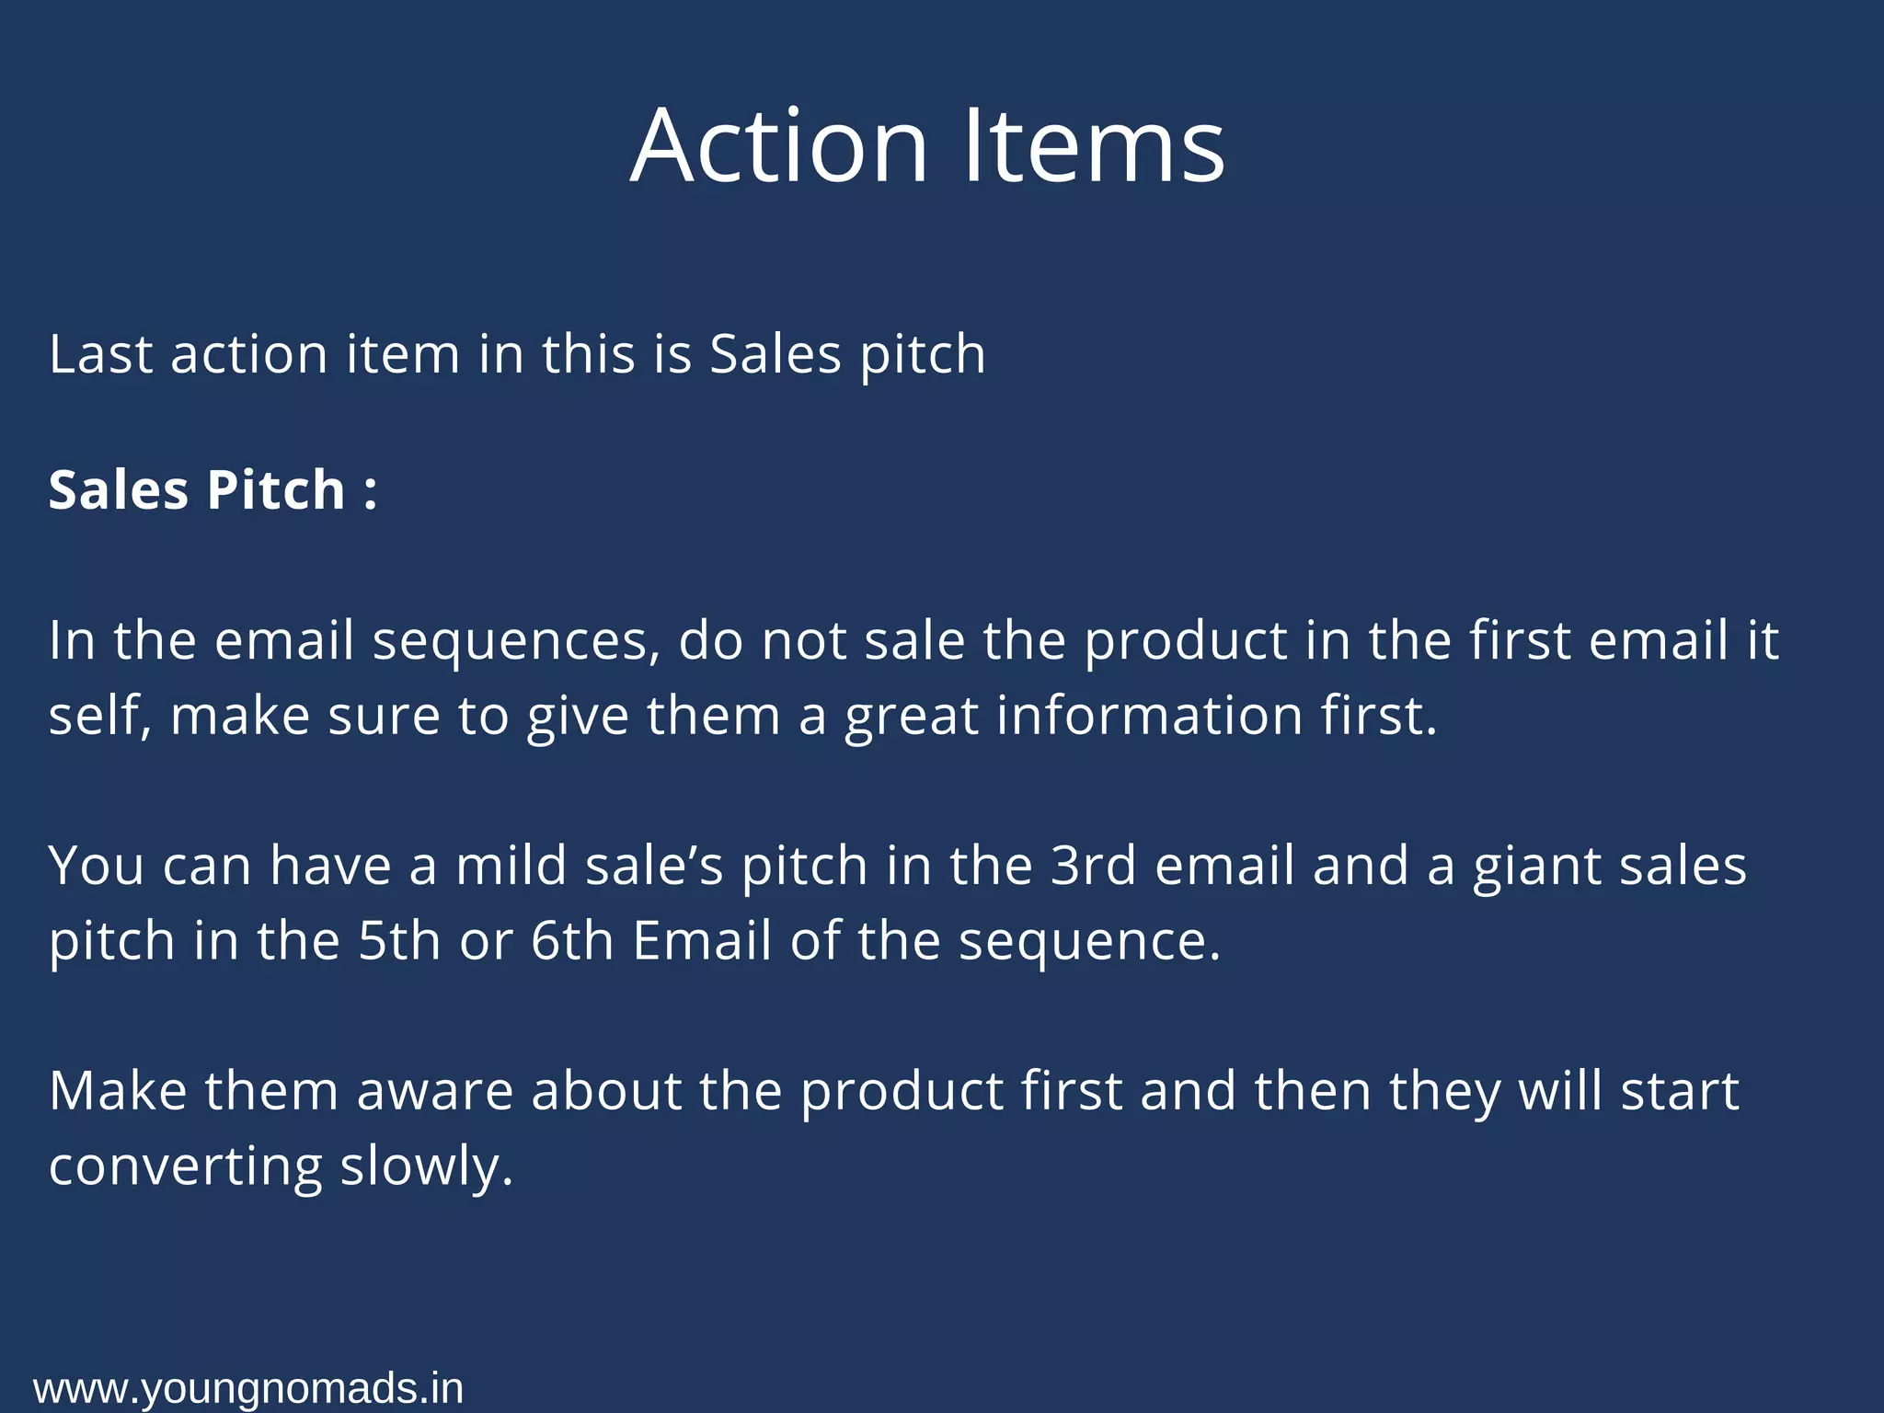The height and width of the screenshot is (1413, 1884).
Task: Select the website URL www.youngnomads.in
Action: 248,1388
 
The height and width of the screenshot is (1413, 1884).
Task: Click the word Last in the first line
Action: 99,354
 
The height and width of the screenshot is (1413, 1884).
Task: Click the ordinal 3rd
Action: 1093,866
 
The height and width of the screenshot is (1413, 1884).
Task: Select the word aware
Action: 434,1092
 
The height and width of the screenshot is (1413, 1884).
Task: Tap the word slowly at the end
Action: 426,1167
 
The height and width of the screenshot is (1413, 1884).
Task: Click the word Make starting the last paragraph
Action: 118,1092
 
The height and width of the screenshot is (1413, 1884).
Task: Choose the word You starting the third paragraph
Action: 96,866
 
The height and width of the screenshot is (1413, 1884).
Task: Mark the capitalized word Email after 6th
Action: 702,941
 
